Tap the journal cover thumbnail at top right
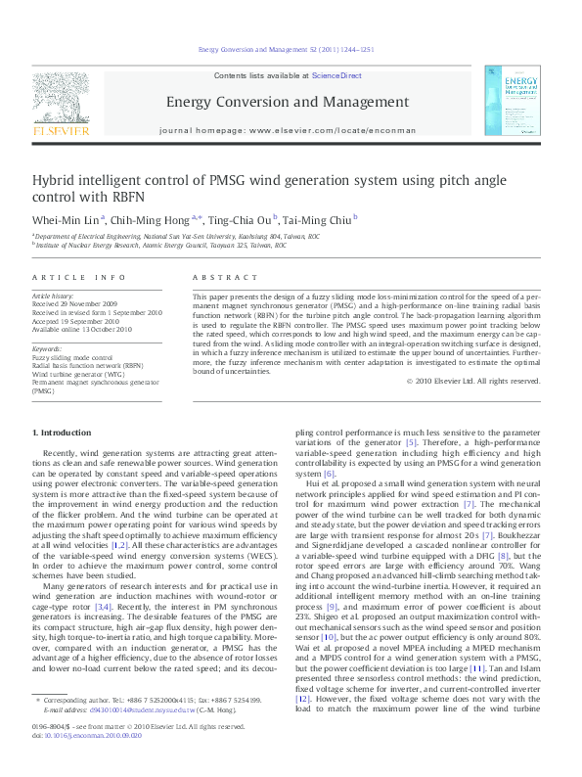pyautogui.click(x=523, y=101)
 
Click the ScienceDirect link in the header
pyautogui.click(x=336, y=75)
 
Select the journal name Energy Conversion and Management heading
pyautogui.click(x=287, y=102)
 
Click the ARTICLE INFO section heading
pyautogui.click(x=79, y=278)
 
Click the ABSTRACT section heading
pyautogui.click(x=217, y=278)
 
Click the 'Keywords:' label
pyautogui.click(x=48, y=348)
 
